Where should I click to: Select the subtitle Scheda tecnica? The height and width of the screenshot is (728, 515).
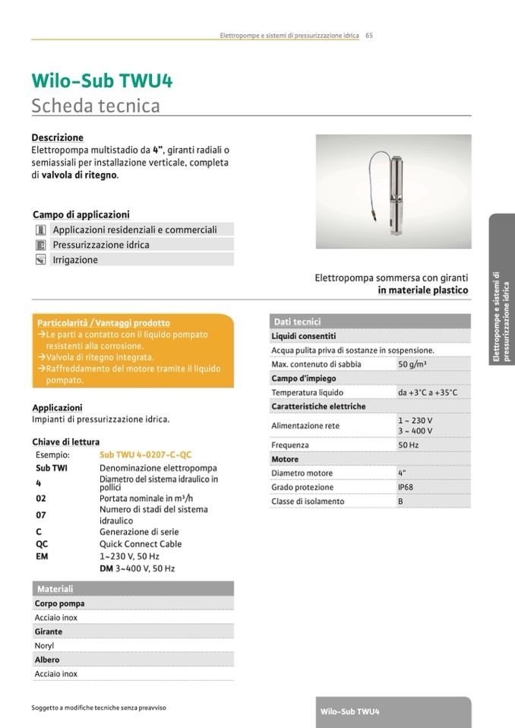point(96,106)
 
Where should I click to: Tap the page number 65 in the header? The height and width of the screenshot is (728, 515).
point(369,34)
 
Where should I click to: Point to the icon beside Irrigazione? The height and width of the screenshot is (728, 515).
point(41,260)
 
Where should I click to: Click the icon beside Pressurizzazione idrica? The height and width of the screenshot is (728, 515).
point(41,244)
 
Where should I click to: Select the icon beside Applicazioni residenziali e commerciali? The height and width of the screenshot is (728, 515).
point(41,229)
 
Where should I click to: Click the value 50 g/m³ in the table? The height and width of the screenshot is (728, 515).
point(411,364)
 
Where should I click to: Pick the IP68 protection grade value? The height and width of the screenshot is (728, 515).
point(406,487)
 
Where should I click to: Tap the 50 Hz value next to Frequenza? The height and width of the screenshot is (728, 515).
point(408,445)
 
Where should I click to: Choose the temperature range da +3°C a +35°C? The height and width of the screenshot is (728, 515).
point(427,392)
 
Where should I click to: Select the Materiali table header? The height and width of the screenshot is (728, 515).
point(54,589)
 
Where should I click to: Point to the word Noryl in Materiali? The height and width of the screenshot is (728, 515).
point(44,646)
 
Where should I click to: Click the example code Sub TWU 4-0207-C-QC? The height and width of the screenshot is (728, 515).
point(135,455)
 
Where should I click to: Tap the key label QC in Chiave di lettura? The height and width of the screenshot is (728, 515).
point(42,544)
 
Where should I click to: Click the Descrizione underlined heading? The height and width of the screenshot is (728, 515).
point(57,137)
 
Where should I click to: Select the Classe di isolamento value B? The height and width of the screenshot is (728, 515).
point(400,501)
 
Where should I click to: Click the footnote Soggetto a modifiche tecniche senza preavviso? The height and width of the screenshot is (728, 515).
point(99,708)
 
